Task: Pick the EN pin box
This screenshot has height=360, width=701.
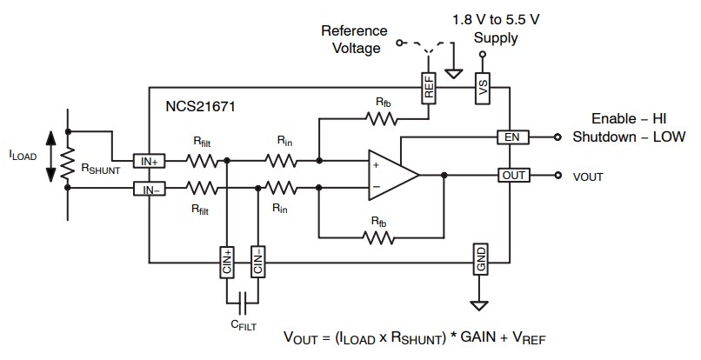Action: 511,137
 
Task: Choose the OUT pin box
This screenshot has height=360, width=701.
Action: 513,175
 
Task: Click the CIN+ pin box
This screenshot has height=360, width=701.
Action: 228,261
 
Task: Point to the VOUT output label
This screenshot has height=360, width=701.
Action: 590,176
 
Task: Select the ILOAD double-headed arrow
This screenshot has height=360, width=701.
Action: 50,157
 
